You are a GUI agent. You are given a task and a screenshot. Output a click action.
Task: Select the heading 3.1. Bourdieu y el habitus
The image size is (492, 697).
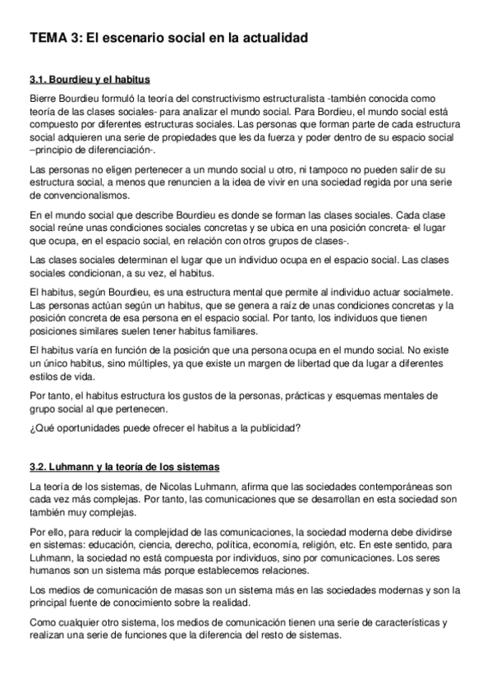89,81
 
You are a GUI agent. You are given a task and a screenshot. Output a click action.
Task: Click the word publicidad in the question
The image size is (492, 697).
271,427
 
